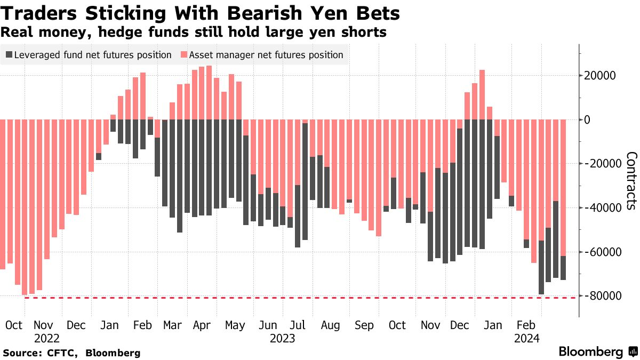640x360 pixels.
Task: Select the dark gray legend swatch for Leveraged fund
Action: pos(9,54)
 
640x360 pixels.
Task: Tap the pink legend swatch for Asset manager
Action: pos(184,54)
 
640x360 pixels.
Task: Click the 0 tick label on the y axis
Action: pos(587,119)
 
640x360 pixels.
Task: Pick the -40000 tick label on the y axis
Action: pos(603,207)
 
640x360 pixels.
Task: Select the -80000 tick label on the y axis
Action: pos(603,295)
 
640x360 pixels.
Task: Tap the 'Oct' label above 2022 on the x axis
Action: pos(14,325)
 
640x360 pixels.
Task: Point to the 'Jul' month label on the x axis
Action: pos(298,325)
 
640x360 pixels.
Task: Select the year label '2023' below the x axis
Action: pos(283,338)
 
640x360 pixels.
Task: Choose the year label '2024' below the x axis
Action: pos(527,338)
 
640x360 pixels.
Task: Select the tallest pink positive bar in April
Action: pos(209,93)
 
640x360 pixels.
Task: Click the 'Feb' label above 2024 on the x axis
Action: pos(526,325)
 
